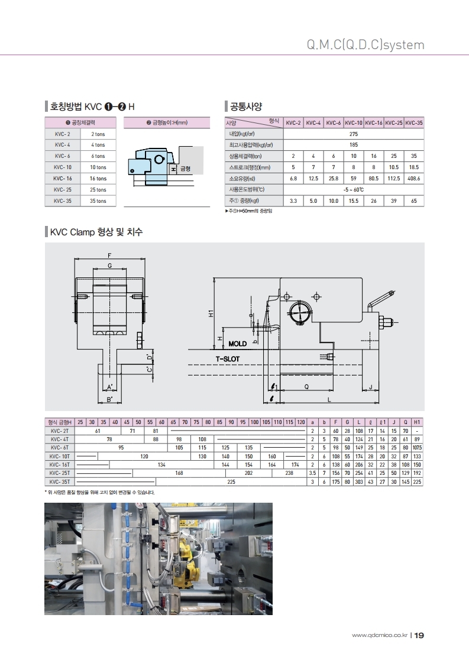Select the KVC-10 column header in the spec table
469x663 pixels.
[x=354, y=123]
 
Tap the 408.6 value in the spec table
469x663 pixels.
[x=414, y=178]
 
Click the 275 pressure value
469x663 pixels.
[x=354, y=134]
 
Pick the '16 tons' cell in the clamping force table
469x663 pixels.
[x=98, y=179]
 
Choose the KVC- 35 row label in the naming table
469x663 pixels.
[x=63, y=201]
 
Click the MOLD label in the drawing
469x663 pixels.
[x=237, y=344]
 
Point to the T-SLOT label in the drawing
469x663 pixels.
[x=228, y=358]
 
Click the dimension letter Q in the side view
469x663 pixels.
[x=306, y=386]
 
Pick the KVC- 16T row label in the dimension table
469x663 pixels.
[x=60, y=465]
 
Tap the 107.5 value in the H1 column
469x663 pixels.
[x=417, y=448]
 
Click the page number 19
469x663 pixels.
[x=419, y=636]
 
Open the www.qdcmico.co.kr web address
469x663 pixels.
[x=379, y=636]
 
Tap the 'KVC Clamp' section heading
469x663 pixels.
[x=96, y=232]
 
